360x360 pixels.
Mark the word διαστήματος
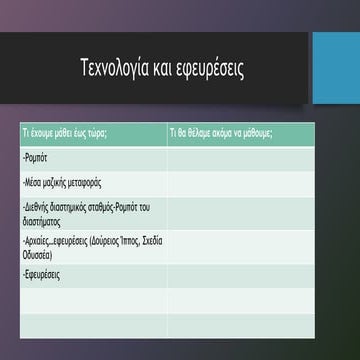click(x=42, y=218)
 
